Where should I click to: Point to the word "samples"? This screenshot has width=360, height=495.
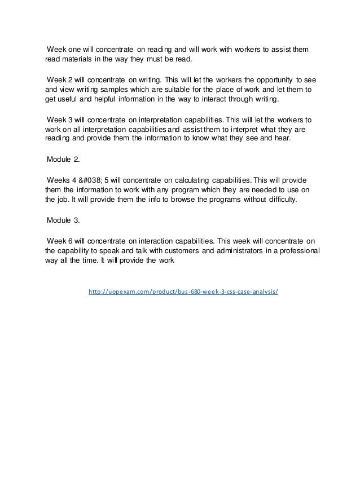tap(126, 89)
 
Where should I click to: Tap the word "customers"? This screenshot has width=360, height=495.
tap(165, 249)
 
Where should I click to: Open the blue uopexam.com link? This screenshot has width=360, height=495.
tap(184, 293)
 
